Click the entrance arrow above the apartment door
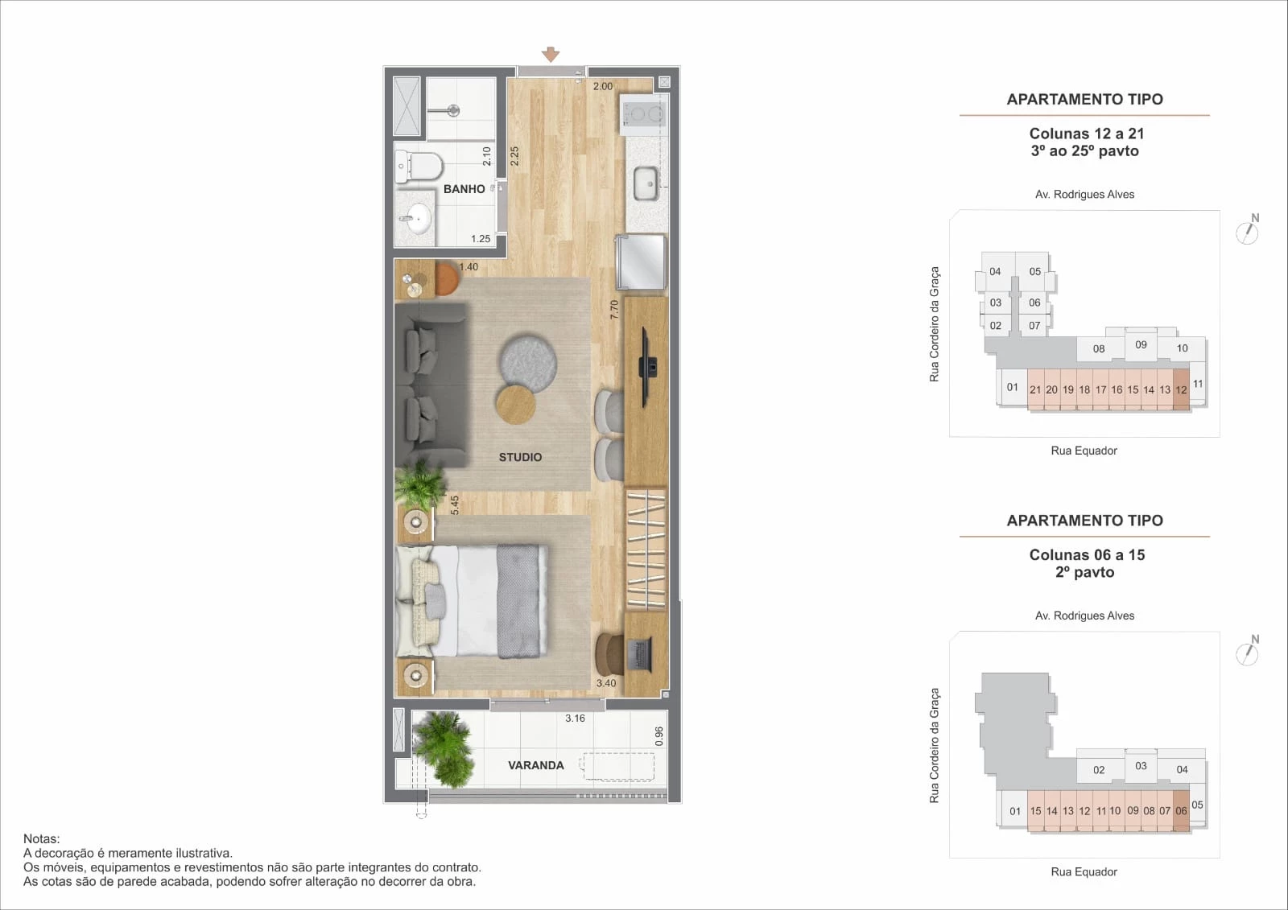point(551,54)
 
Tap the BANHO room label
point(464,189)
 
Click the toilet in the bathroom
point(419,166)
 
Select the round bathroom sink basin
point(418,219)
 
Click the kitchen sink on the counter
point(646,183)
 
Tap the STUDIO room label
point(520,457)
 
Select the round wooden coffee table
point(516,405)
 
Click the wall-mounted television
point(648,367)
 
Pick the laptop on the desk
point(640,654)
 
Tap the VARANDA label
point(536,765)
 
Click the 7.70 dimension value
point(614,310)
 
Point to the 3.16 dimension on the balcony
point(575,718)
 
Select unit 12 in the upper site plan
point(1181,389)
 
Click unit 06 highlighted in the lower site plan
point(1181,810)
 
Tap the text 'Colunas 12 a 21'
point(1087,134)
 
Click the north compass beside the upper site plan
point(1247,230)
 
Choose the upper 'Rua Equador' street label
point(1084,451)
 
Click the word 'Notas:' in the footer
point(41,838)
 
